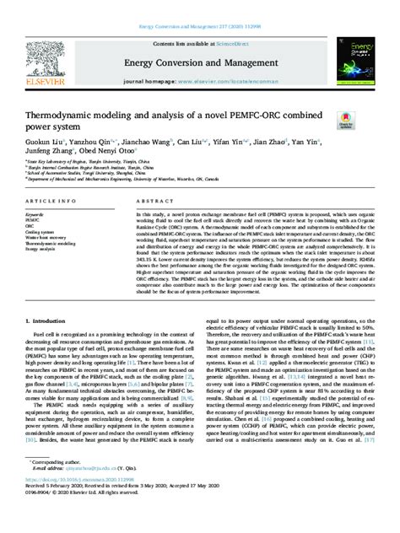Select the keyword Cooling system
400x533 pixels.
click(43, 234)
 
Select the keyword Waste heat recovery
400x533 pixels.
click(48, 239)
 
